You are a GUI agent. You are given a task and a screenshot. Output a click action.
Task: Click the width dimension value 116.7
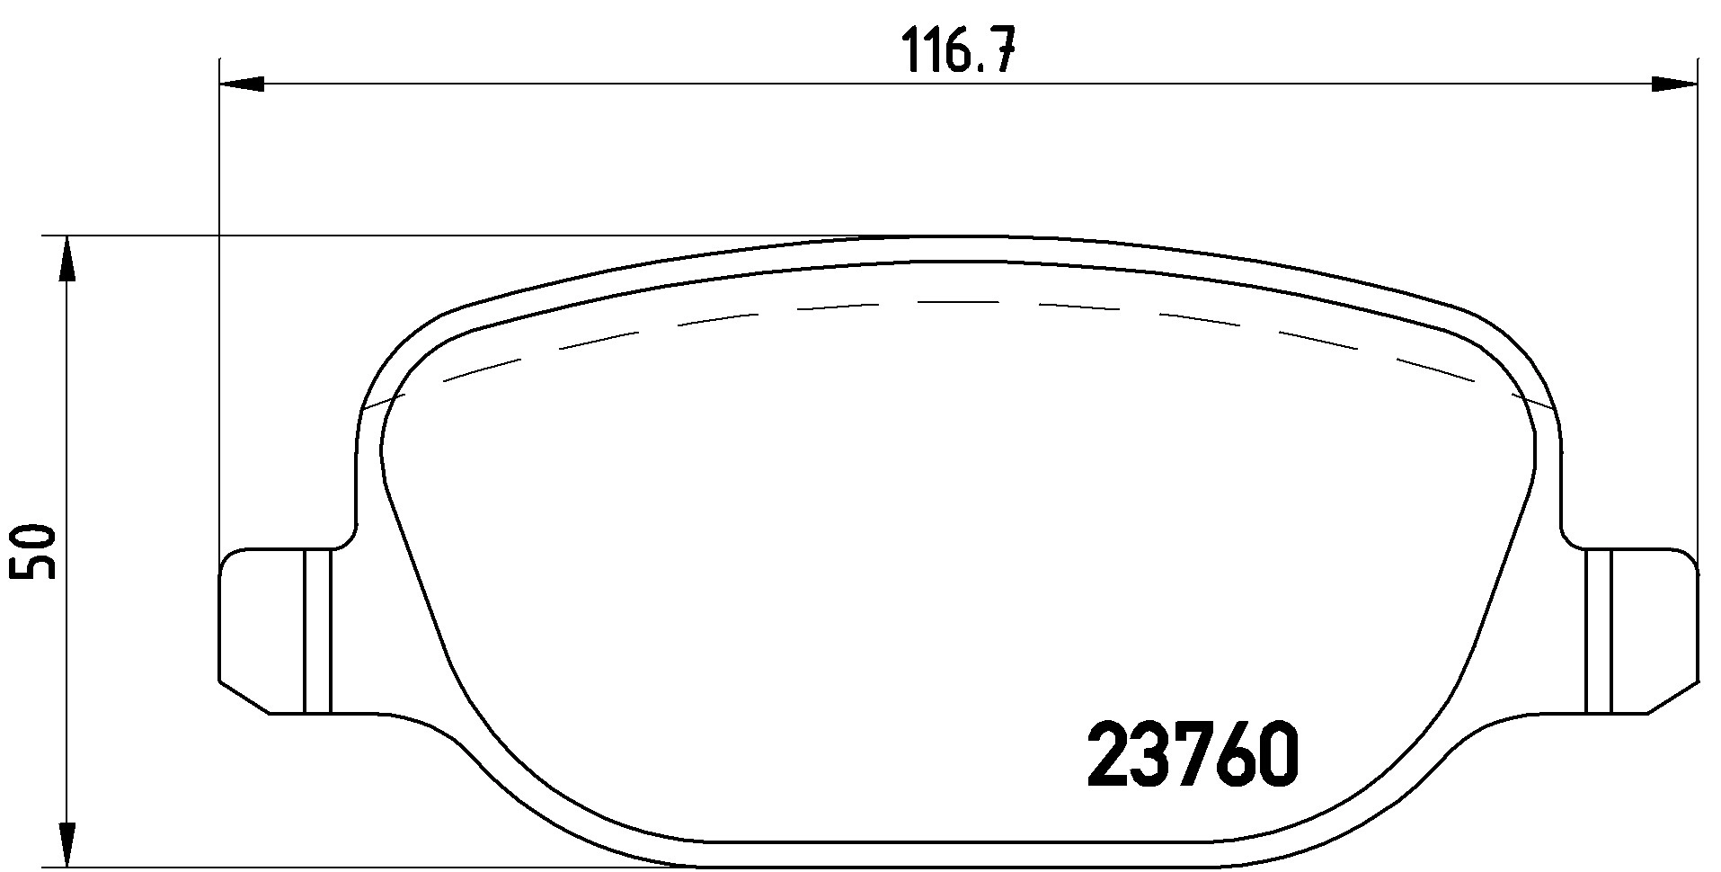[957, 51]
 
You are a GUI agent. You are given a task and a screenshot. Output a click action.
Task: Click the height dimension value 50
[33, 552]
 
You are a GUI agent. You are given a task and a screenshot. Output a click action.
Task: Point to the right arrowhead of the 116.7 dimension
[1674, 85]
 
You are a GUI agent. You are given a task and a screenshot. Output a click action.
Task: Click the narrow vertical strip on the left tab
[318, 629]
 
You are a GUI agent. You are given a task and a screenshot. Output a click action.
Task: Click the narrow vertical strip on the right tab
[1599, 629]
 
